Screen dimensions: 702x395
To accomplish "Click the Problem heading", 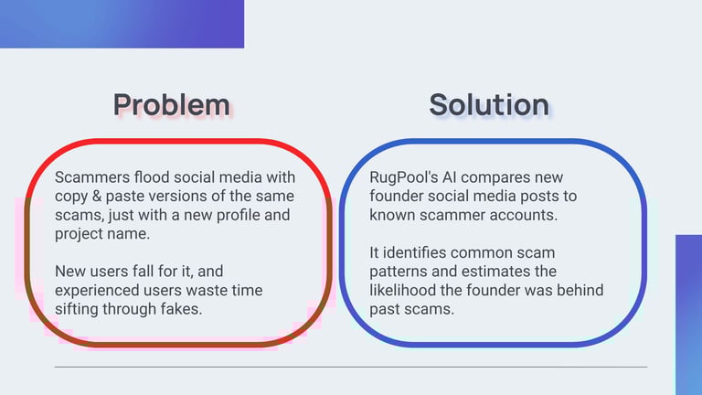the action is [x=172, y=105].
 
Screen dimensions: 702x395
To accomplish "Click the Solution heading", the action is [x=489, y=105].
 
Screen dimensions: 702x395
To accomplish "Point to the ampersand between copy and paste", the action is [x=96, y=197].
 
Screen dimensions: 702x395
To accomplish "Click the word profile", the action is [x=238, y=215].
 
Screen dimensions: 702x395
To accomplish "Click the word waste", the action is [x=207, y=290].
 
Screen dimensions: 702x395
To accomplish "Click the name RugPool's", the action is [x=404, y=177].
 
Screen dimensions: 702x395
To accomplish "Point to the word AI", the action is [x=450, y=177].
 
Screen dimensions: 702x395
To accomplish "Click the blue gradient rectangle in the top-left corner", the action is [x=122, y=24].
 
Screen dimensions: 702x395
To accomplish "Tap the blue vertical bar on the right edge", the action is [x=688, y=315].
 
